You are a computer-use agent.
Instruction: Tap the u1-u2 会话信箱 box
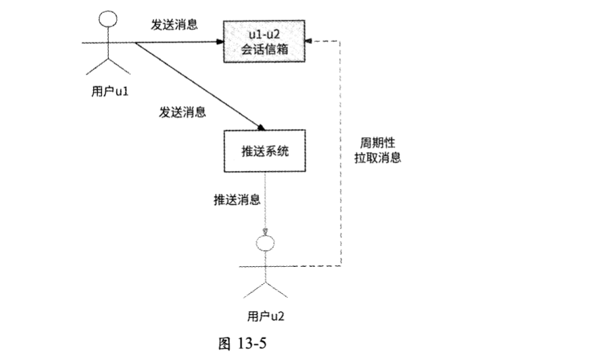264,42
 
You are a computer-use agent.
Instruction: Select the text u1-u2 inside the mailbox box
264,33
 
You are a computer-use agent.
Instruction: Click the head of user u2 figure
264,243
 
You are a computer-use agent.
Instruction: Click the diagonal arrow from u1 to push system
196,84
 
